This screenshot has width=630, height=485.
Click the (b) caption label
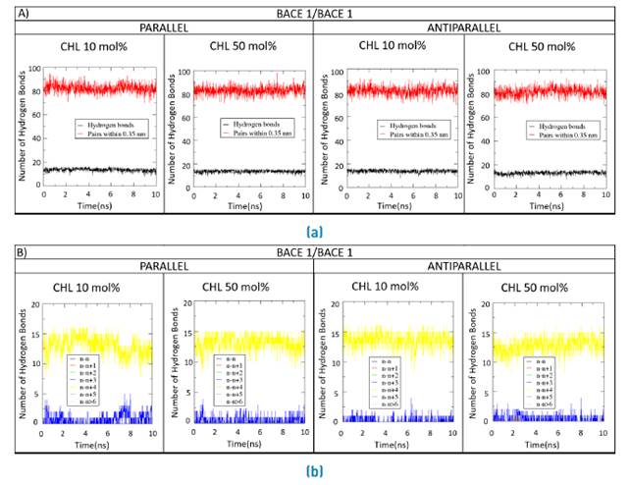(x=314, y=470)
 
